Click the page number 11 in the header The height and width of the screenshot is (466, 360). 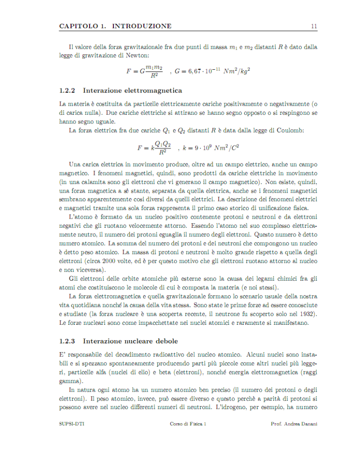click(x=314, y=26)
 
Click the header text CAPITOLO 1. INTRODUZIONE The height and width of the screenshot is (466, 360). click(x=115, y=26)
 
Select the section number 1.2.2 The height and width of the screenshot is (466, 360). click(x=67, y=90)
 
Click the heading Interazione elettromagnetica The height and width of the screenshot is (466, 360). click(x=132, y=90)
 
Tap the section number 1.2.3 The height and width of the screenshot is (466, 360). click(x=67, y=341)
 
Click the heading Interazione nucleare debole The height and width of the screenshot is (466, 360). click(x=130, y=341)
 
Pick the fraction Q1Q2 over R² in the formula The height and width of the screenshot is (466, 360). click(x=162, y=147)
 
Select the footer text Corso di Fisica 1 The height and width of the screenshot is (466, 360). click(x=188, y=424)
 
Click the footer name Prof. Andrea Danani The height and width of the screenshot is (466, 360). click(x=294, y=424)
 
